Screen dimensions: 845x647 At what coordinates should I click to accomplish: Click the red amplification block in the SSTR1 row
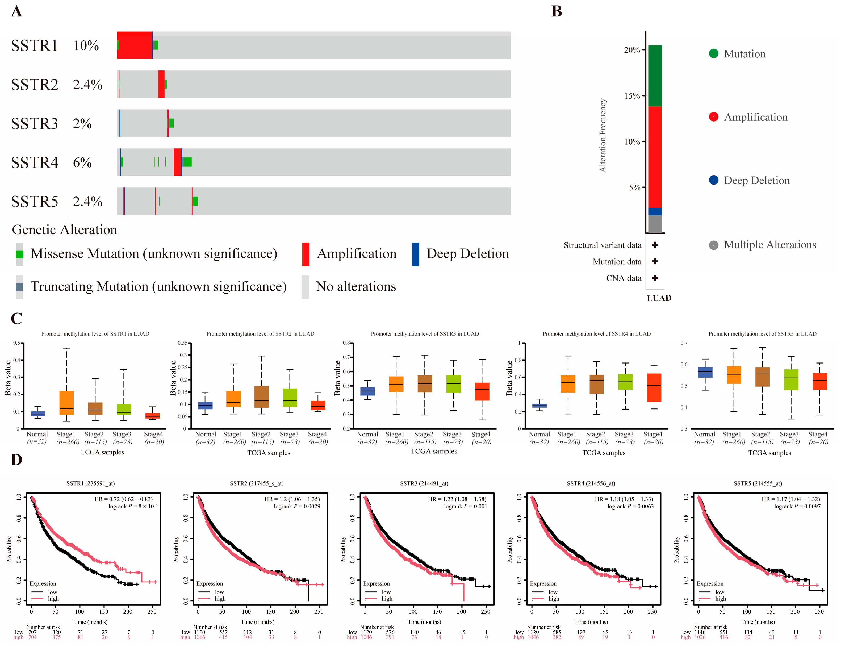(x=135, y=45)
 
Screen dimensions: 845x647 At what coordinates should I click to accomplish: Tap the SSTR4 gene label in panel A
(x=35, y=162)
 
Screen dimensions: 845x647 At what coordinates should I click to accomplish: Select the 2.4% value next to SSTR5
(x=88, y=201)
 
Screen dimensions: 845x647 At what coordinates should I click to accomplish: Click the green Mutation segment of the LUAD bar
(x=655, y=76)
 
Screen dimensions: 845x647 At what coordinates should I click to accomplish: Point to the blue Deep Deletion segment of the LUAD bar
(x=655, y=211)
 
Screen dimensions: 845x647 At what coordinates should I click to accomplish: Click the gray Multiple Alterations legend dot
(x=713, y=245)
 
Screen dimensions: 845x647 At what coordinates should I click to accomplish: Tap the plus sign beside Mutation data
(x=655, y=261)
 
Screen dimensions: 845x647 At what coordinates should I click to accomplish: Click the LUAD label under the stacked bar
(x=659, y=298)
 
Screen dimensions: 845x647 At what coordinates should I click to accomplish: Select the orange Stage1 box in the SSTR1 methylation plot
(x=66, y=403)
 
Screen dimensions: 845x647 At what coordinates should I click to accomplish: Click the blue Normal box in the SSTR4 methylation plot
(x=539, y=406)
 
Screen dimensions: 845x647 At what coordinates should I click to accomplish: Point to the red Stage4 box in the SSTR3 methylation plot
(x=482, y=392)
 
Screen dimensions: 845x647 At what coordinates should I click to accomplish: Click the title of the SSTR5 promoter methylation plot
(x=762, y=334)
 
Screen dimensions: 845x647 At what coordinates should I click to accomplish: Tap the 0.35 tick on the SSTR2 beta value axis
(x=182, y=343)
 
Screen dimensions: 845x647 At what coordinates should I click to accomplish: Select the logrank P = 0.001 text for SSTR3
(x=465, y=506)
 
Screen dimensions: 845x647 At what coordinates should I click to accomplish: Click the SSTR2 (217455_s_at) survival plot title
(x=257, y=483)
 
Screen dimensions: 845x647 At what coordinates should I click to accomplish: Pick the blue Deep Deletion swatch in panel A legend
(x=415, y=254)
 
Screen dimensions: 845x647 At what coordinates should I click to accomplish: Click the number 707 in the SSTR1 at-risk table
(x=32, y=632)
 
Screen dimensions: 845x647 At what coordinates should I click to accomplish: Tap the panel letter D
(x=16, y=460)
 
